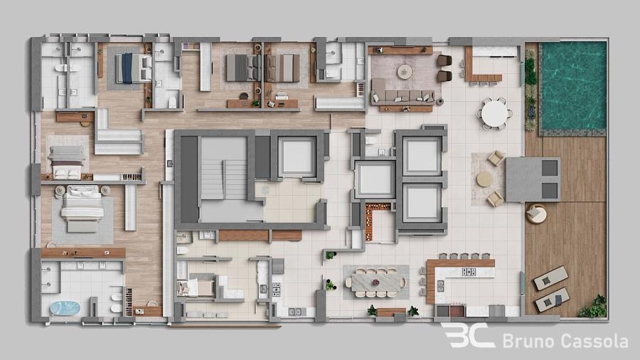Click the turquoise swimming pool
[573, 86]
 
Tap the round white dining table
[494, 113]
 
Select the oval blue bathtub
[65, 308]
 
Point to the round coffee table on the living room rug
[405, 71]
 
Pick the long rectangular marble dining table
[375, 282]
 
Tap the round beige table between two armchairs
[484, 179]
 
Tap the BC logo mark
[469, 336]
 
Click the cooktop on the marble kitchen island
[469, 272]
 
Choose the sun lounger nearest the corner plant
[553, 300]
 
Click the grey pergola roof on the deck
[533, 179]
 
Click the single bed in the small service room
[196, 287]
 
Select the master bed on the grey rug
[82, 209]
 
